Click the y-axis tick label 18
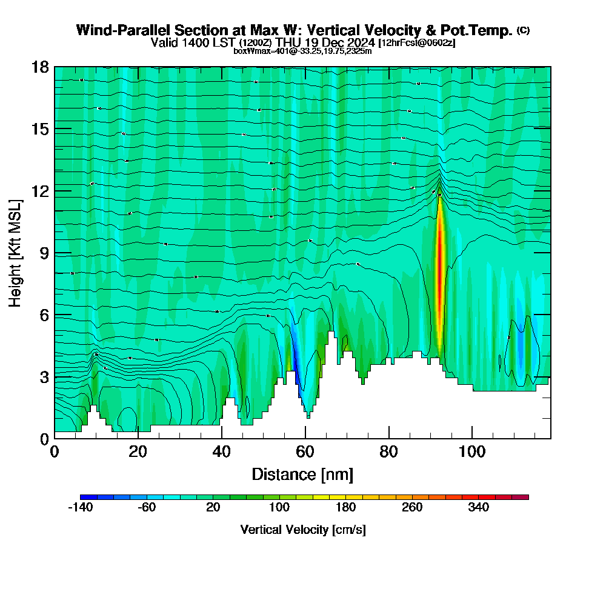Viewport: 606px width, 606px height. [x=40, y=67]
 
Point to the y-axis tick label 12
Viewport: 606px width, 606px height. [x=40, y=191]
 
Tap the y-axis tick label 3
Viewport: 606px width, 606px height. [x=44, y=377]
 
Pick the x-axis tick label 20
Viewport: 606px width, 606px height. [x=138, y=451]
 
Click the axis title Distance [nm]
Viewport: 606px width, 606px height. [x=302, y=474]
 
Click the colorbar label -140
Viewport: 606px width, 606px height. [x=79, y=508]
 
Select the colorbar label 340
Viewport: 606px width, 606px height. [x=479, y=508]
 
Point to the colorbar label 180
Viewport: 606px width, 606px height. [x=345, y=508]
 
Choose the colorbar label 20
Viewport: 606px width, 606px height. [x=213, y=508]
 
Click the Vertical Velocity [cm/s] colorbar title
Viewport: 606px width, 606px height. [x=302, y=530]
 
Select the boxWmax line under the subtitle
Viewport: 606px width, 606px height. [x=302, y=51]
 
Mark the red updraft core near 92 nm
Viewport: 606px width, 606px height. [x=439, y=273]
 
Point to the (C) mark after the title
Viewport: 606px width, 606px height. [x=524, y=30]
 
